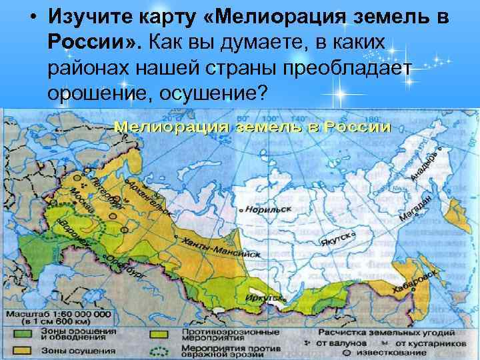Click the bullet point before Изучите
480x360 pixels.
[x=32, y=16]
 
